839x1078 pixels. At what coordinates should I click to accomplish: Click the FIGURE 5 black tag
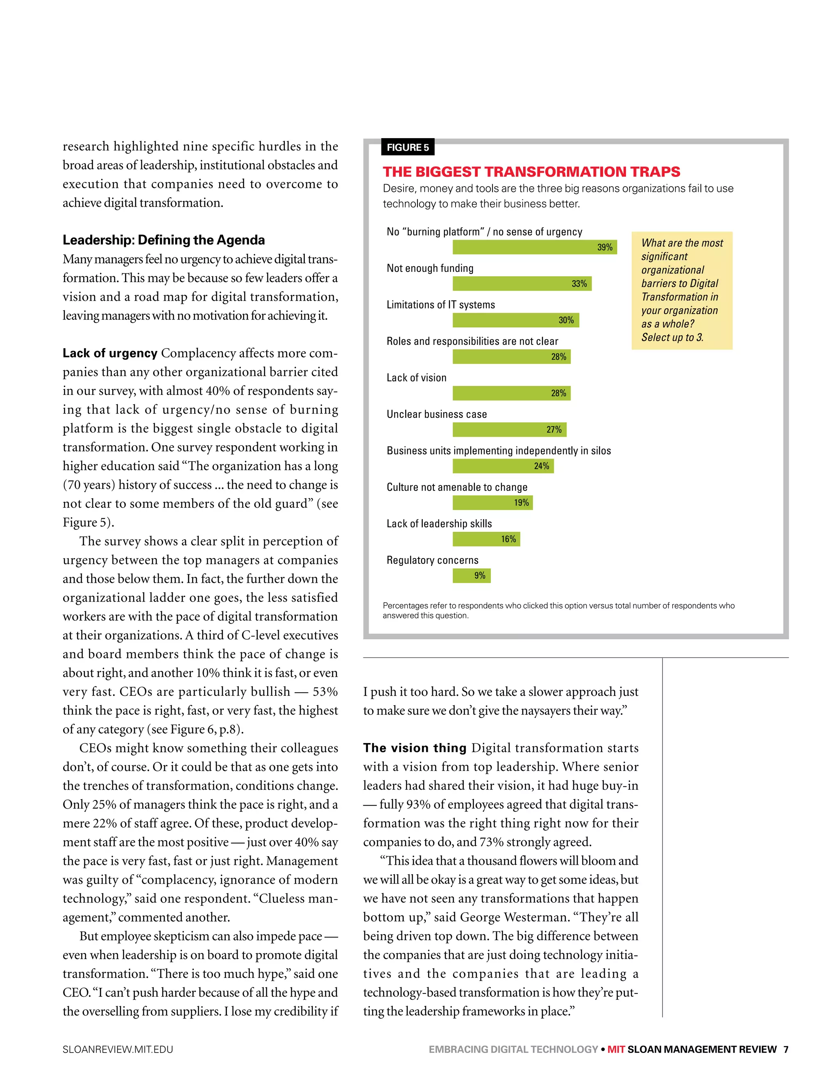[x=408, y=147]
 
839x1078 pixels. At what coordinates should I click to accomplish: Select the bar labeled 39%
[x=534, y=247]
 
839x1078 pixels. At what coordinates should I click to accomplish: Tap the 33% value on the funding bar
[x=579, y=284]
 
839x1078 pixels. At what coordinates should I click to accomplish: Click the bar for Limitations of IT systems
[x=515, y=320]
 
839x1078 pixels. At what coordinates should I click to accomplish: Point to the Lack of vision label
[x=416, y=378]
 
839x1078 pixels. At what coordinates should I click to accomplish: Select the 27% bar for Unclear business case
[x=509, y=429]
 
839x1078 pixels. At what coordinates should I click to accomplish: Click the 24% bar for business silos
[x=503, y=466]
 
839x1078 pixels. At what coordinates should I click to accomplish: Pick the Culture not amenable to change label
[x=457, y=487]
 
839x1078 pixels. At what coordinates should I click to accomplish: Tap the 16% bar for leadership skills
[x=486, y=539]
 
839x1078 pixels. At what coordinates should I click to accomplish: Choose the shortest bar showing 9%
[x=471, y=576]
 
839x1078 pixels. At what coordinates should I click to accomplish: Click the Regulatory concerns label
[x=432, y=560]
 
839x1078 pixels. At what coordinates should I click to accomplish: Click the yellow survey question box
[x=682, y=290]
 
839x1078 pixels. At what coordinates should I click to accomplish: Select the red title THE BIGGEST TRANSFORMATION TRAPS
[x=531, y=172]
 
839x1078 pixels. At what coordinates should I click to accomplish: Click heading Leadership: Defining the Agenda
[x=163, y=240]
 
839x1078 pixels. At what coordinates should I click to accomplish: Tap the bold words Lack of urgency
[x=109, y=353]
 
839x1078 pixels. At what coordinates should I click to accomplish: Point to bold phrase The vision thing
[x=414, y=748]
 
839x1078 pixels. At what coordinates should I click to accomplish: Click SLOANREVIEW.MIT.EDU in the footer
[x=118, y=1049]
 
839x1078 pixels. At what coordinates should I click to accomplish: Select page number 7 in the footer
[x=786, y=1049]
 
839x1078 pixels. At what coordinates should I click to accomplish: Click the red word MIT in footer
[x=616, y=1049]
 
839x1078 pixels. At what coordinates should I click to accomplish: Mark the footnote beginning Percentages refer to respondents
[x=558, y=610]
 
